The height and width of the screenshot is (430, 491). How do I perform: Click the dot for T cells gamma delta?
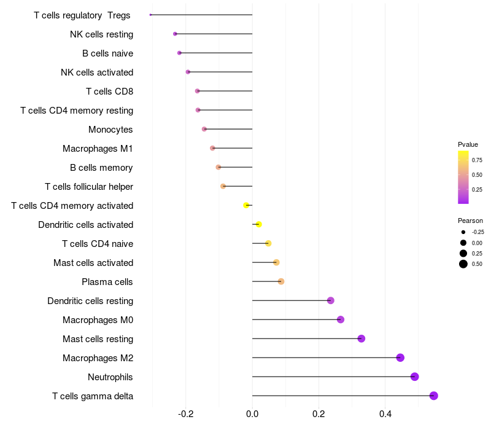(433, 396)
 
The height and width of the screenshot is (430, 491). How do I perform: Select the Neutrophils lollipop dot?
(414, 377)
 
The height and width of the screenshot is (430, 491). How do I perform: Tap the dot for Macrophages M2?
(400, 358)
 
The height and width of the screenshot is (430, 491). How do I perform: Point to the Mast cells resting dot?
(361, 338)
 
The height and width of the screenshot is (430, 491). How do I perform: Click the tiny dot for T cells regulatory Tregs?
(150, 15)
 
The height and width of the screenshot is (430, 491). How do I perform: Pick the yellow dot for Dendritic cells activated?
(258, 224)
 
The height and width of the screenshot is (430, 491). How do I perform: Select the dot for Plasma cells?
(281, 281)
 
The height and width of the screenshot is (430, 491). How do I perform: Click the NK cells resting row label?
(101, 34)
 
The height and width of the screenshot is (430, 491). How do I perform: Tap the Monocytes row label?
(110, 130)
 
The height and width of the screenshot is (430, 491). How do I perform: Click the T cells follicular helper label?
(89, 187)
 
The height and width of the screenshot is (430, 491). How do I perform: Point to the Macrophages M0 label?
(98, 320)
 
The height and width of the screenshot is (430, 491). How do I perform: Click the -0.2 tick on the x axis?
(186, 415)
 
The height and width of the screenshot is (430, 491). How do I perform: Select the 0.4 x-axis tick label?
(385, 415)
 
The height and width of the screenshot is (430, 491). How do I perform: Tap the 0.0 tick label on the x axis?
(252, 415)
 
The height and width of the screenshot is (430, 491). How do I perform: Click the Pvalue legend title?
(468, 144)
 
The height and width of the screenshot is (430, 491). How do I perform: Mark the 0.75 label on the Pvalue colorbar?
(477, 160)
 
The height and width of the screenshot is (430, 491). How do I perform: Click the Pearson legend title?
(470, 221)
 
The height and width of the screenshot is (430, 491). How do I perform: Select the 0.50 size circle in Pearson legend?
(463, 264)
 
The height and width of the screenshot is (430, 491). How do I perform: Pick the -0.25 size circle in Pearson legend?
(463, 232)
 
